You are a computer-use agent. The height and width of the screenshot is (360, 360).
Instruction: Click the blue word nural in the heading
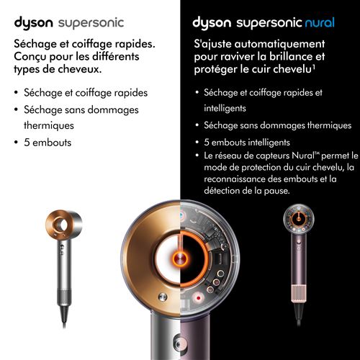click(320, 23)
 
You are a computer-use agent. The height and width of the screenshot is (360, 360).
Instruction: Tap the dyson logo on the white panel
click(33, 23)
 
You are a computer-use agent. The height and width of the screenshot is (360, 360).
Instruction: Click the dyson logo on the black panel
click(212, 23)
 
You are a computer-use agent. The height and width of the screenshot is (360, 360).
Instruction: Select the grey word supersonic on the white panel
click(91, 24)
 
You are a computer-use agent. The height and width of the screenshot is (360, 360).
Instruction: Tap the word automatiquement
click(279, 44)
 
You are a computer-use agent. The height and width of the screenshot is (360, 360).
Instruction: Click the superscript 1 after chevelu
click(313, 67)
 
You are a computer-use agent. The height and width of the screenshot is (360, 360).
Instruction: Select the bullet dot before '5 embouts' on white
click(16, 143)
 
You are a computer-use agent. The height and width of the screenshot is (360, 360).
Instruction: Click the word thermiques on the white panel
click(49, 125)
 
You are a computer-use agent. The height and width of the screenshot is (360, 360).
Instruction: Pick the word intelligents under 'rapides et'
click(225, 108)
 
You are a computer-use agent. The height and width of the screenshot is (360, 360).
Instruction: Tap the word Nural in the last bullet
click(303, 156)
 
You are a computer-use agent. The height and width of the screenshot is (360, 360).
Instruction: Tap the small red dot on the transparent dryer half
click(199, 298)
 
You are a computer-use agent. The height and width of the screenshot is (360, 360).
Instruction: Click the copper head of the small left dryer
click(63, 225)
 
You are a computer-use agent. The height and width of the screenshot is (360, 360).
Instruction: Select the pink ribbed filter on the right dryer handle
click(299, 292)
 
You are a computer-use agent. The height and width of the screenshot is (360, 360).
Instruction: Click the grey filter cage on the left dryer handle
click(64, 297)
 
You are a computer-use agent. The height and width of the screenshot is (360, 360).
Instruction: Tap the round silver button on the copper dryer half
click(163, 297)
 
